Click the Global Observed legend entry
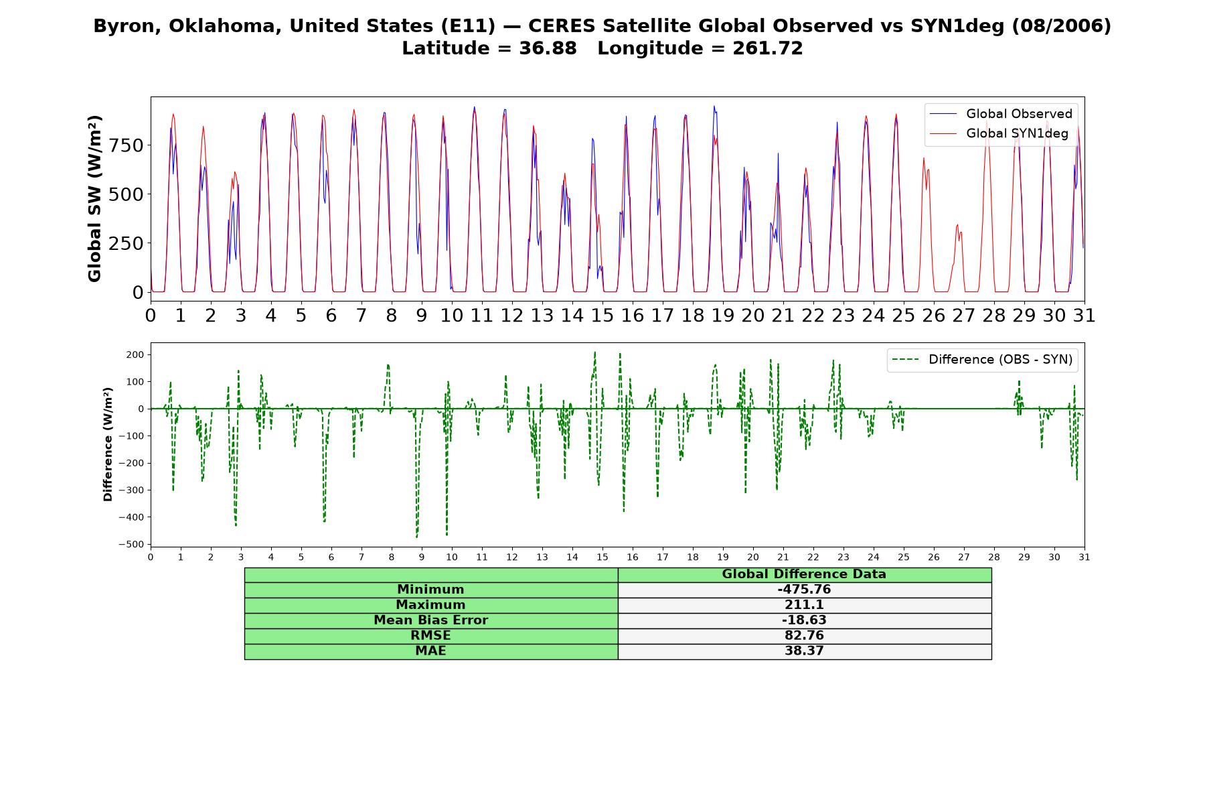click(x=1001, y=114)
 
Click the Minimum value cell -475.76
click(x=804, y=590)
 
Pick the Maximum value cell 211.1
click(x=804, y=605)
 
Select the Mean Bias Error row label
click(x=430, y=620)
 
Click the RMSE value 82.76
click(x=804, y=636)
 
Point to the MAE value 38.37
click(x=804, y=651)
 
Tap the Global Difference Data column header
click(x=804, y=574)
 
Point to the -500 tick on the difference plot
click(x=131, y=545)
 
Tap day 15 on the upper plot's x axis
click(x=602, y=315)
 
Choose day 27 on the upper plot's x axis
click(x=963, y=315)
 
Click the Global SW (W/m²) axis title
click(x=94, y=198)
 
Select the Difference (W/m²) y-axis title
click(x=108, y=444)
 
